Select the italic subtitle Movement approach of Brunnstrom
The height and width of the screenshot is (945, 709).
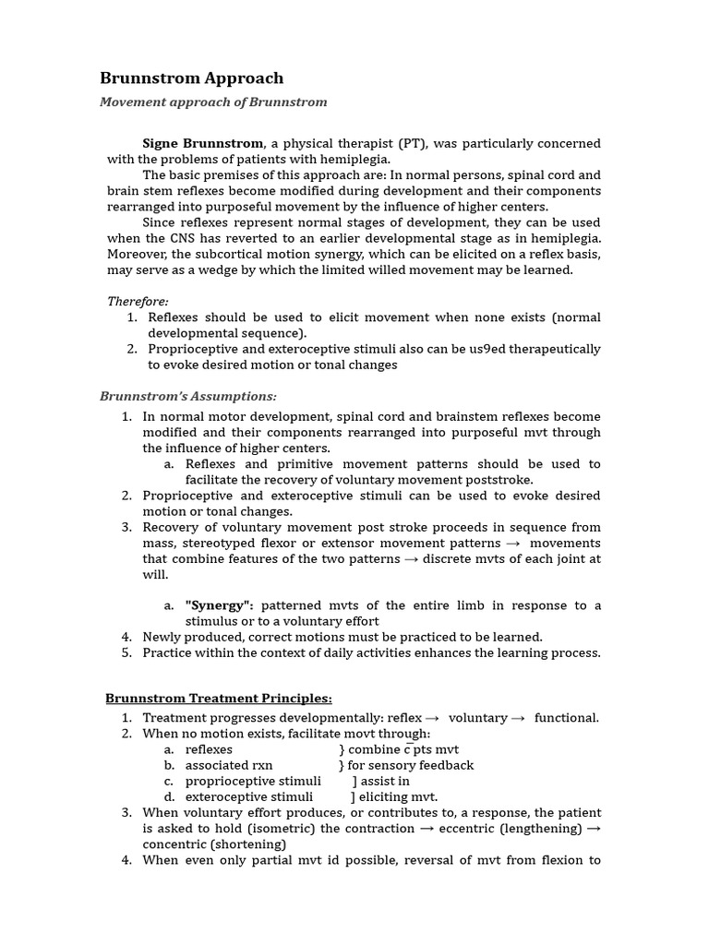[213, 102]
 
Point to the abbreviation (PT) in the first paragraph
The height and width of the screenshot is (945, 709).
[413, 143]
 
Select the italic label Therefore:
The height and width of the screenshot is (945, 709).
[138, 302]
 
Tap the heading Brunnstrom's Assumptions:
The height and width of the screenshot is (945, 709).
[188, 396]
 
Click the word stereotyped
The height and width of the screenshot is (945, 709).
[219, 544]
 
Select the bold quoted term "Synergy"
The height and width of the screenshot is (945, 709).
[219, 605]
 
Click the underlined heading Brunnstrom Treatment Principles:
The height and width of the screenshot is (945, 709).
[219, 698]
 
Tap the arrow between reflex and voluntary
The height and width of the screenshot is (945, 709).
[431, 718]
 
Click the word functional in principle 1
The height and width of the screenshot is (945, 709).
[565, 718]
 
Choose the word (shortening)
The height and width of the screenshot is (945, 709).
[248, 843]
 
